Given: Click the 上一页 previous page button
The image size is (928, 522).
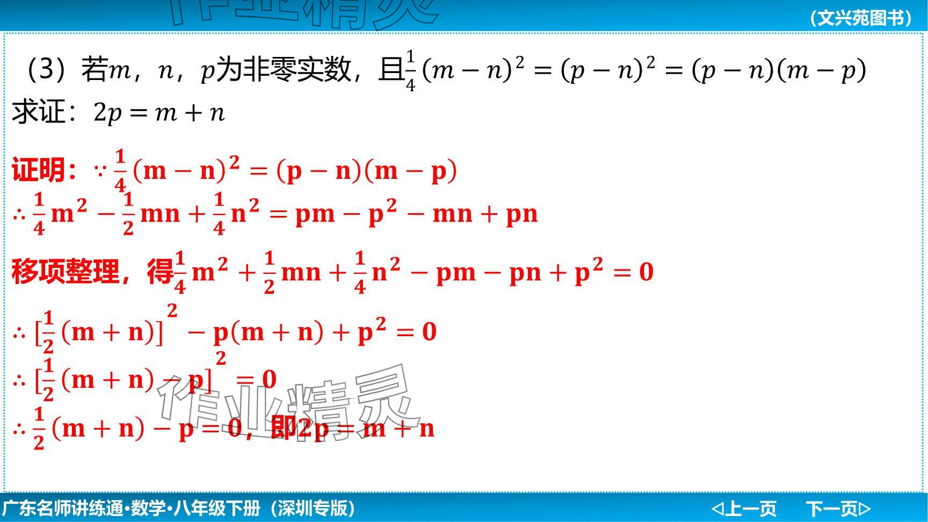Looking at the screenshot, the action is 744,508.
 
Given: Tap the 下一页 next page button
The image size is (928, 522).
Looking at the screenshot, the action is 838,508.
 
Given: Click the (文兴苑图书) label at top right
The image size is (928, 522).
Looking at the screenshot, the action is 861,18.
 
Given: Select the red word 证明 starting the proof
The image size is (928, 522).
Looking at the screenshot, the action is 38,170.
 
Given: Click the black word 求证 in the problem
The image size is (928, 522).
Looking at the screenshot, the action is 38,112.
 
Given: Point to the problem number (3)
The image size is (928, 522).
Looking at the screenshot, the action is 48,69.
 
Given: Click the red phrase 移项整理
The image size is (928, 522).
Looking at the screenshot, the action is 65,271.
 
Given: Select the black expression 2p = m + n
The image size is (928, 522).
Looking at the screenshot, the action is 159,113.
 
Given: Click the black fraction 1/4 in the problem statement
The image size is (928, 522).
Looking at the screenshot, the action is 410,70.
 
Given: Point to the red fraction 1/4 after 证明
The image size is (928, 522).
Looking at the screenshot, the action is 120,171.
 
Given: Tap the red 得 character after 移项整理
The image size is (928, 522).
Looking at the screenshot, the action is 160,271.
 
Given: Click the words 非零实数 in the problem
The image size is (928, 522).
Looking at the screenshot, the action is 297,69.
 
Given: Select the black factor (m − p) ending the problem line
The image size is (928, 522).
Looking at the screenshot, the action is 822,70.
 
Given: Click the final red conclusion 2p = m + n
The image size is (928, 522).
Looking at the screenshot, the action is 366,429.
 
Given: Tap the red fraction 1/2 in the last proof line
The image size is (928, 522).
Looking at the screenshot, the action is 39,429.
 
